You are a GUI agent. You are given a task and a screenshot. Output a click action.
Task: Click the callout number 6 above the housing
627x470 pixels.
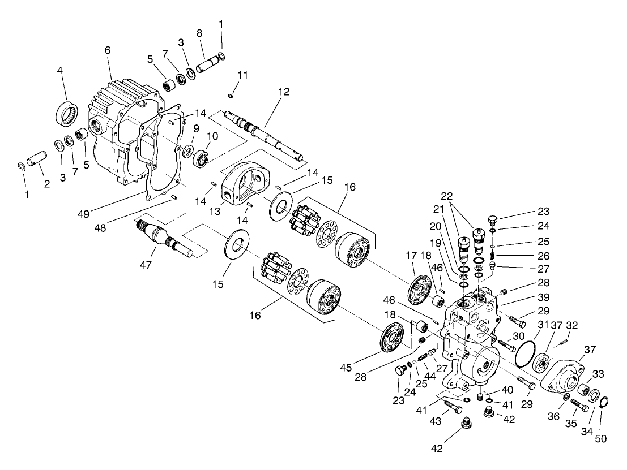(x=108, y=50)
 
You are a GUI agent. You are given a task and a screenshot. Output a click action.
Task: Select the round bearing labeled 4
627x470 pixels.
(x=67, y=112)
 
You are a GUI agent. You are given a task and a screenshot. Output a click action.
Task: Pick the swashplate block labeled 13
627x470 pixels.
(x=243, y=182)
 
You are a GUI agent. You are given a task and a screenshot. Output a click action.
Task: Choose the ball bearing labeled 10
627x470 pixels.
(x=201, y=157)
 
